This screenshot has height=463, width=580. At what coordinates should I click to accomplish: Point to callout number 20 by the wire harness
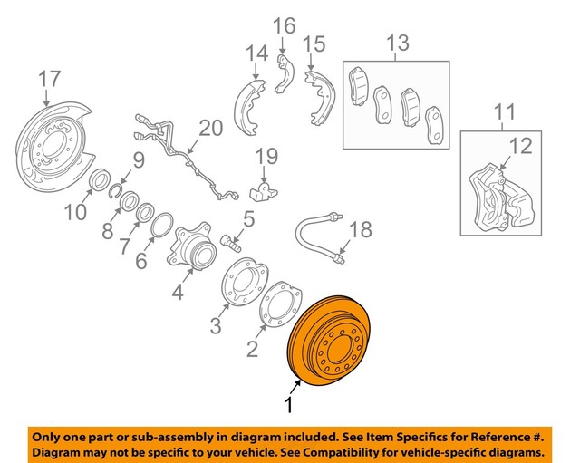pos(210,129)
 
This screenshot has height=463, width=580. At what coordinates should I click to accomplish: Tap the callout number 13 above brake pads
pos(397,43)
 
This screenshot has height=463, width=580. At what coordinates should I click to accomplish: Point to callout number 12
pos(520,143)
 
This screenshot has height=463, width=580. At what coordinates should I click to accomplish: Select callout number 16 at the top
pos(285,24)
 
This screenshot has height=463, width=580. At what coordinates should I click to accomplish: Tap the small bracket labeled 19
pos(262,191)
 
